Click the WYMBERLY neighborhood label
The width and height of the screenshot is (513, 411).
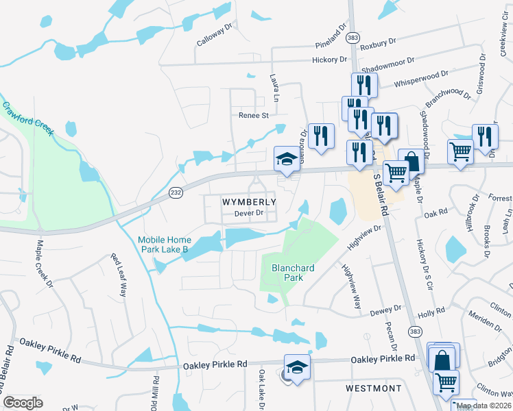coord(249,202)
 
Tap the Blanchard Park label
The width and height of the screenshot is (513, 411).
coord(293,263)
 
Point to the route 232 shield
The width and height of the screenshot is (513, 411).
coord(176,193)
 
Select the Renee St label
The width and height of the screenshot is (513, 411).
coord(254,115)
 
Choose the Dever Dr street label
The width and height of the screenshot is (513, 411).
coord(249,214)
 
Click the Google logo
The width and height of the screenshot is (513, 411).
coord(23,403)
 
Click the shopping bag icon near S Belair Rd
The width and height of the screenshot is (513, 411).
coord(411,163)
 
